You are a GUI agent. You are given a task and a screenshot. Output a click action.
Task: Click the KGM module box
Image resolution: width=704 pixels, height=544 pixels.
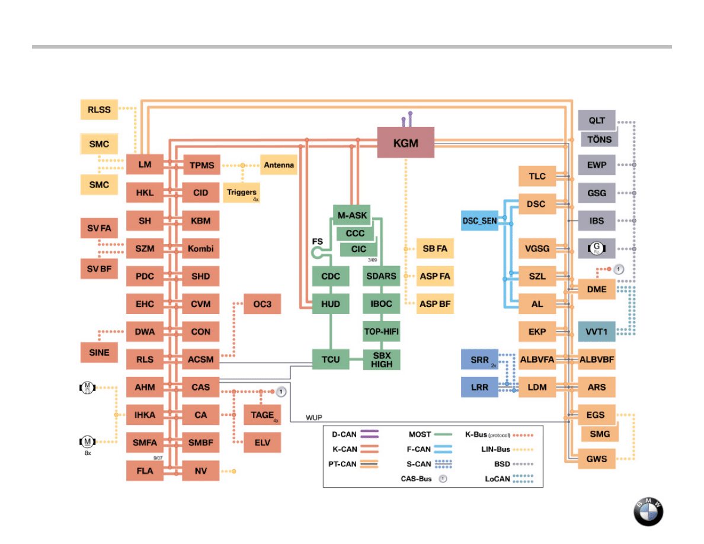pos(405,142)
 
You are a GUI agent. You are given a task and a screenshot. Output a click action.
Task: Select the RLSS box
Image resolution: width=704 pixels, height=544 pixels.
pos(98,110)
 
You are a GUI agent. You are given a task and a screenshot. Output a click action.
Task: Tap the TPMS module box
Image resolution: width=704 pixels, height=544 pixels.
pos(201,165)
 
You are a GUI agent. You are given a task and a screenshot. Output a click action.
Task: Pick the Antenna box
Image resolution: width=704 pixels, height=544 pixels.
pos(279,165)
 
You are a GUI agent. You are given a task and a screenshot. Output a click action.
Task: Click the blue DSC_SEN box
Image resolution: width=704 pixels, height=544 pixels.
pos(480,220)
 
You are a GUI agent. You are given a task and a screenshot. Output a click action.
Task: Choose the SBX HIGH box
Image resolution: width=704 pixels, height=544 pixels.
pos(381,360)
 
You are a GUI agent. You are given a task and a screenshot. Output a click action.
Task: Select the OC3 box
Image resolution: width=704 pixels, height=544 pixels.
pos(262,304)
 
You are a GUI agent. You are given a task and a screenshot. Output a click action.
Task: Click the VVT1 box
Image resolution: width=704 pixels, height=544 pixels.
pos(597,332)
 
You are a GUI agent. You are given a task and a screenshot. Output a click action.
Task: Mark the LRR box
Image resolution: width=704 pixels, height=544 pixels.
pos(480,388)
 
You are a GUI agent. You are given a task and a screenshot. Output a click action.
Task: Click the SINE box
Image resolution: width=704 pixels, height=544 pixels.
pos(99,353)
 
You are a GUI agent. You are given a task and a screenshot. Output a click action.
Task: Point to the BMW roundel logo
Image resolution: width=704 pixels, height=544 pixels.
pos(648,511)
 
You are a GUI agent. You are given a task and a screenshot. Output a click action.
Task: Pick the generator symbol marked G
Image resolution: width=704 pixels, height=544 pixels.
pos(597,248)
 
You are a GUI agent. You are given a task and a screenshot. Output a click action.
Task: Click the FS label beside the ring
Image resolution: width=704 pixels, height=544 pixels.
pos(317,242)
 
